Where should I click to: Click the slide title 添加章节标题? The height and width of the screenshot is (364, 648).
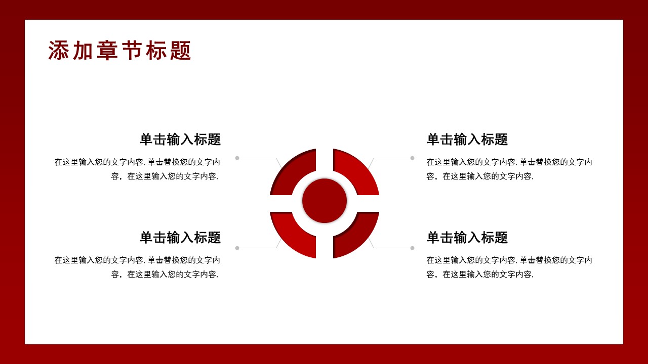click(x=119, y=51)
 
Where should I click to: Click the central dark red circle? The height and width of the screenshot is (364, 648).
click(x=325, y=201)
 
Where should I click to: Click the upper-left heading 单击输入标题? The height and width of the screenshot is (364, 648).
click(x=180, y=140)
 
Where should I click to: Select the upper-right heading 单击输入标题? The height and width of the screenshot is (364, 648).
click(x=467, y=140)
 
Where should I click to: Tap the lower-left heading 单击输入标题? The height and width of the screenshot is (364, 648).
click(x=180, y=238)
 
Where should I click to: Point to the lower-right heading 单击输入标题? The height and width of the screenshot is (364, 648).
click(x=467, y=238)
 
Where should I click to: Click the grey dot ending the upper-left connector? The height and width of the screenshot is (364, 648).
click(x=237, y=158)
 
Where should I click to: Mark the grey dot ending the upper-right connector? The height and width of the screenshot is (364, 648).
click(x=412, y=158)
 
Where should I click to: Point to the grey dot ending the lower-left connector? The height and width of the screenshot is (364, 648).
click(x=237, y=248)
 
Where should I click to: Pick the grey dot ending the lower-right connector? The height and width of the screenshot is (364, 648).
click(x=412, y=248)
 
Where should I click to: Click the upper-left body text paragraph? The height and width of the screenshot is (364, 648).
click(x=138, y=169)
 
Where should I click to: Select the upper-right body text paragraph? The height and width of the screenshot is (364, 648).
click(x=509, y=169)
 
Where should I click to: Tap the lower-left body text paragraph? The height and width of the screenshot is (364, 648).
click(x=138, y=267)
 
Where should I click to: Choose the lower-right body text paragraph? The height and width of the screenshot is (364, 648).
click(x=509, y=267)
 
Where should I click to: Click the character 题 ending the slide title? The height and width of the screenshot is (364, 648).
click(x=181, y=51)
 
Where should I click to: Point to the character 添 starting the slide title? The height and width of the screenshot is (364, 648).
click(x=58, y=51)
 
